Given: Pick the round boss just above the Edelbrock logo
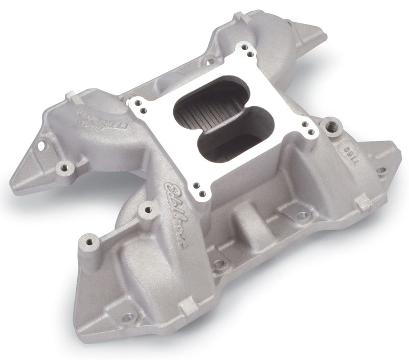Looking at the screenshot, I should (148, 208).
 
